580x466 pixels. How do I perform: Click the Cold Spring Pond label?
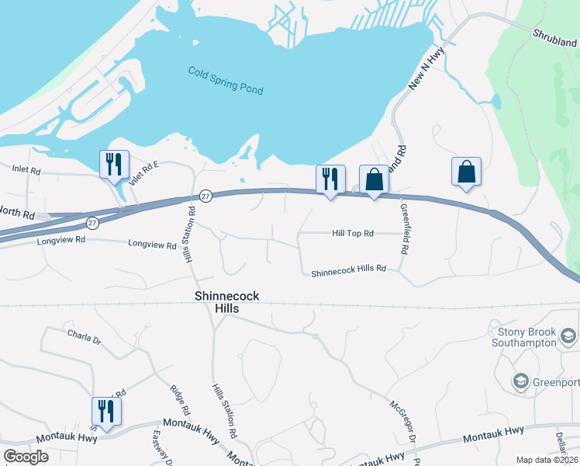(x=226, y=81)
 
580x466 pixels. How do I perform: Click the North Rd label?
(x=17, y=213)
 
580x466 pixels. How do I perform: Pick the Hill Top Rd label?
(x=353, y=233)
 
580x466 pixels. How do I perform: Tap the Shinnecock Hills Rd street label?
(x=348, y=270)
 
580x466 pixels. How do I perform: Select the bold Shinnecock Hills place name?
(x=226, y=302)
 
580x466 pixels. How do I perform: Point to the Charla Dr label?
(x=85, y=339)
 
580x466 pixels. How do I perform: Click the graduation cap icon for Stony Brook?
(x=568, y=336)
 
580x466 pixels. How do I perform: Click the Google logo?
(x=26, y=457)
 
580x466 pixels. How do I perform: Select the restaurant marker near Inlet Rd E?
(x=114, y=165)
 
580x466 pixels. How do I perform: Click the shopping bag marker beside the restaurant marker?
(x=374, y=179)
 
